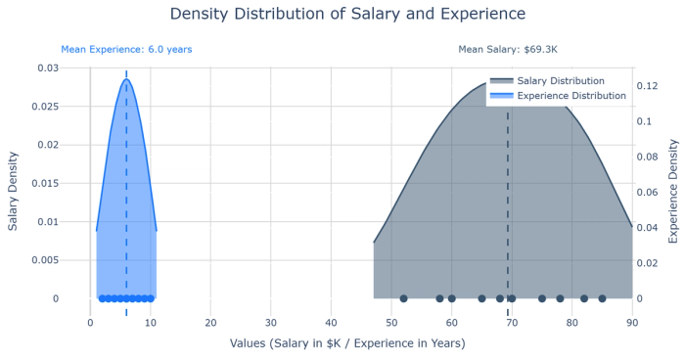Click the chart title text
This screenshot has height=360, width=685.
point(347,15)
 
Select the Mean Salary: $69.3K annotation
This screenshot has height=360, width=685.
point(508,49)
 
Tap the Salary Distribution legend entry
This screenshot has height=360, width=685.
point(560,81)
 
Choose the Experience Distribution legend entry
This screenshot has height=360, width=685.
point(571,96)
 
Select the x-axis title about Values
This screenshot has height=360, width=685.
point(347,343)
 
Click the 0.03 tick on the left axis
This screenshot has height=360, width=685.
point(48,67)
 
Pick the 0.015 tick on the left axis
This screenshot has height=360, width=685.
point(45,183)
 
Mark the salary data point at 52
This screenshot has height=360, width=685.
point(403,298)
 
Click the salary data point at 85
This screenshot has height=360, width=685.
point(602,298)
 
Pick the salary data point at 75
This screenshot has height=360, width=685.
point(542,298)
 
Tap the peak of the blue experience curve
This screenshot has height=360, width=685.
point(126,79)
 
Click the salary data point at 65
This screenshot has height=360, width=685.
point(481,298)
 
